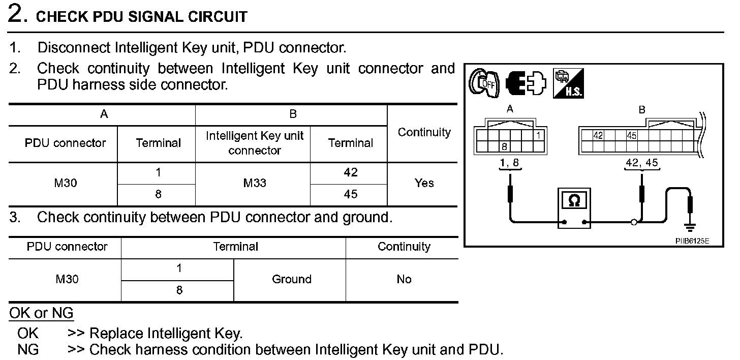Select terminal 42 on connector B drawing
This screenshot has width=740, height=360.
coord(599,136)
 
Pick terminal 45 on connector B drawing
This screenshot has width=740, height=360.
coord(631,136)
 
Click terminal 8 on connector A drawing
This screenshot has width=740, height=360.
coord(504,147)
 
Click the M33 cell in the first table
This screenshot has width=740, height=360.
coord(255,183)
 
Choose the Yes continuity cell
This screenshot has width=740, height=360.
coord(424,183)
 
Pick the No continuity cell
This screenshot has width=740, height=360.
coord(404,279)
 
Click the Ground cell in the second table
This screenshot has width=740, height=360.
coord(291,279)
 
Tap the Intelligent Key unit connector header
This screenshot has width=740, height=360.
coord(255,143)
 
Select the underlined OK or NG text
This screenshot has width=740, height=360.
coord(41,313)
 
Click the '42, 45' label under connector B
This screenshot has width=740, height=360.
coord(642,163)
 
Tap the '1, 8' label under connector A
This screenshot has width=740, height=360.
coord(510,163)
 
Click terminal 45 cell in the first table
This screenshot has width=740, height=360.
coord(351,194)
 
